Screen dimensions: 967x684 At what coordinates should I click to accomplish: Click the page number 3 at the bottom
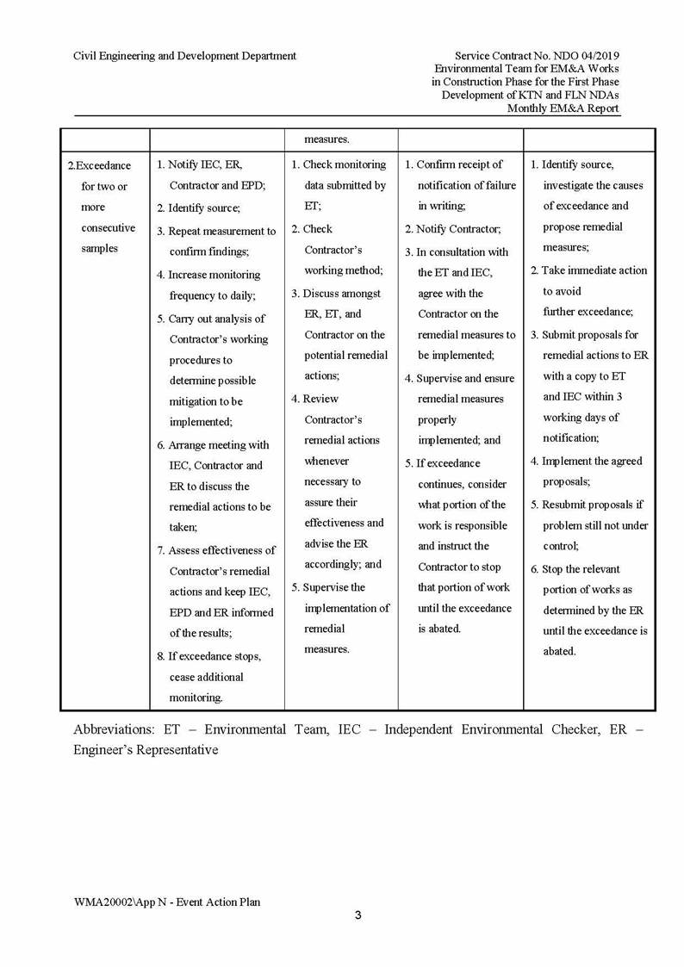358,914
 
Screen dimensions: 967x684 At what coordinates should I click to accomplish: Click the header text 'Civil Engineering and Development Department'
184,56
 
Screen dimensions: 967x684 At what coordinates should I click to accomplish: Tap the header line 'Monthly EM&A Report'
563,108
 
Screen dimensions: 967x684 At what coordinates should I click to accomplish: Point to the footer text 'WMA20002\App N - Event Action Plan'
167,902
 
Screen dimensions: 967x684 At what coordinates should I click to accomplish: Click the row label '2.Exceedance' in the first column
100,165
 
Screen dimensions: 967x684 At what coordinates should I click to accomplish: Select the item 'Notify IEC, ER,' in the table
205,164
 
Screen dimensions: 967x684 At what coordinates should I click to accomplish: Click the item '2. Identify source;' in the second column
199,208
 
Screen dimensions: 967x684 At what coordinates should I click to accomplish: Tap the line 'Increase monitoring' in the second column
214,275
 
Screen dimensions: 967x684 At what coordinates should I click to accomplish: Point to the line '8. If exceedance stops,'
209,656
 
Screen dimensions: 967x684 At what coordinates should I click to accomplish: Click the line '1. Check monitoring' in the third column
339,164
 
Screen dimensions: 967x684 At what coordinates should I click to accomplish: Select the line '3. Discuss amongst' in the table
336,294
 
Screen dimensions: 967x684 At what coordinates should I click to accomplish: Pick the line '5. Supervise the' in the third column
328,587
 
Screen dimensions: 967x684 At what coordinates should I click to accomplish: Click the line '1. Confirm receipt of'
454,164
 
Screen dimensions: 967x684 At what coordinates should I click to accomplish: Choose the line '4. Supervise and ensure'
460,378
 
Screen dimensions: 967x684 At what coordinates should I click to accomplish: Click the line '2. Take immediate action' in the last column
588,270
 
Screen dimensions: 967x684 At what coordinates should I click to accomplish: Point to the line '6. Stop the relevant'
575,569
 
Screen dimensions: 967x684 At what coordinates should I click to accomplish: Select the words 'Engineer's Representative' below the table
146,750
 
